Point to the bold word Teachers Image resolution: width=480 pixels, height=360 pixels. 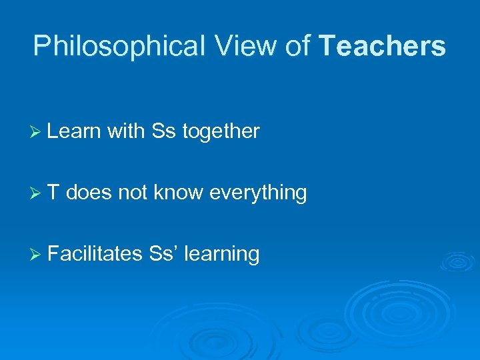pyautogui.click(x=383, y=47)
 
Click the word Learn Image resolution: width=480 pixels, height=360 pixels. pyautogui.click(x=74, y=132)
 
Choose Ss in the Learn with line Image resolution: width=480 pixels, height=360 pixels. pyautogui.click(x=163, y=132)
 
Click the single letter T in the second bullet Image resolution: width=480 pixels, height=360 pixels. pyautogui.click(x=54, y=193)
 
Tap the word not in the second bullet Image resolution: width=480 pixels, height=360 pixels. pyautogui.click(x=133, y=193)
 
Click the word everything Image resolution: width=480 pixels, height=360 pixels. pyautogui.click(x=258, y=193)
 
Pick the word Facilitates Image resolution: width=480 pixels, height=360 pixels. pyautogui.click(x=95, y=253)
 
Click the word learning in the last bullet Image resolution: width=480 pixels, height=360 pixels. pyautogui.click(x=221, y=254)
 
